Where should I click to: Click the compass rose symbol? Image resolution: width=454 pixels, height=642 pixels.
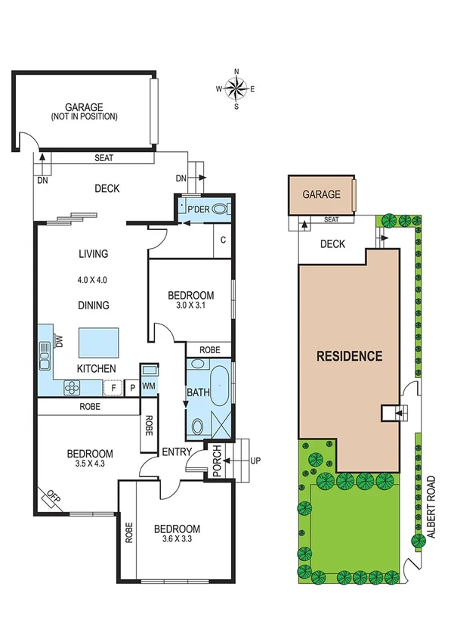[x=236, y=88]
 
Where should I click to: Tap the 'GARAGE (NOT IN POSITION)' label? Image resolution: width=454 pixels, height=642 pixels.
[x=84, y=112]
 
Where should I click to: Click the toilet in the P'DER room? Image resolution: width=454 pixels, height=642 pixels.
[x=220, y=209]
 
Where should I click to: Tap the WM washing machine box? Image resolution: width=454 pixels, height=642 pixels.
[x=149, y=386]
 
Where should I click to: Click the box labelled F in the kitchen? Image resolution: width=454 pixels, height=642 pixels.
[x=113, y=388]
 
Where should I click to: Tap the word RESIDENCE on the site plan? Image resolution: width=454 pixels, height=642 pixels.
[x=348, y=356]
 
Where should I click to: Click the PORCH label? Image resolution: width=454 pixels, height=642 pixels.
[x=216, y=460]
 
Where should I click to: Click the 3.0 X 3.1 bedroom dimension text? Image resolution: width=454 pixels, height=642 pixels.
[x=191, y=307]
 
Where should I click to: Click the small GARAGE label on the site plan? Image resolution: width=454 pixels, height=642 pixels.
[x=321, y=194]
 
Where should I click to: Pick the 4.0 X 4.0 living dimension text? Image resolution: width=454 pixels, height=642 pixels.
[x=93, y=279]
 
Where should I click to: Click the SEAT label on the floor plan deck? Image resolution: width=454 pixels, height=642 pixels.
[x=104, y=158]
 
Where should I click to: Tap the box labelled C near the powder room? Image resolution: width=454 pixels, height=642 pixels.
[x=223, y=240]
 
